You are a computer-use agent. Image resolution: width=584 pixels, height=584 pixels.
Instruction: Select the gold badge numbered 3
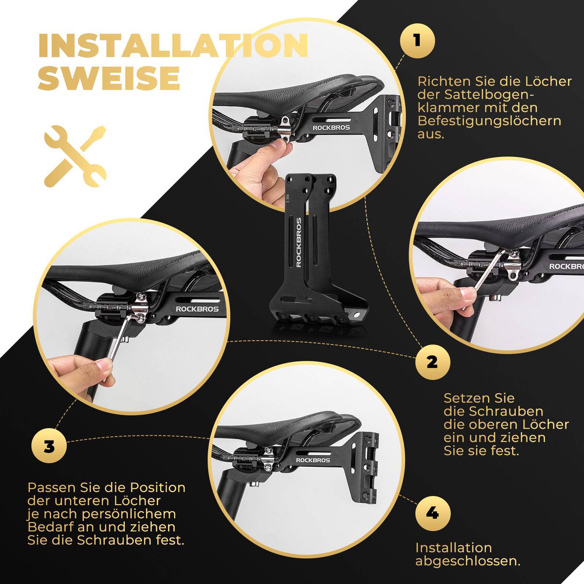point(49,447)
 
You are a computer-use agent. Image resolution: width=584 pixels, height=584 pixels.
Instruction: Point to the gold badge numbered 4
point(433,514)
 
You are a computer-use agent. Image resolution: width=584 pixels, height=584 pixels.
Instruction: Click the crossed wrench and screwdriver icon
point(75,156)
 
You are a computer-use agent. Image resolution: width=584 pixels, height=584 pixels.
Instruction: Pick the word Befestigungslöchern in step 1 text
point(489,121)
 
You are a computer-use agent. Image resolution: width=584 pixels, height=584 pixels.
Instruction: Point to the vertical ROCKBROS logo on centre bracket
point(299,242)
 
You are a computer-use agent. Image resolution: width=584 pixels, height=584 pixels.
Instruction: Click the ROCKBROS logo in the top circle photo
point(331,127)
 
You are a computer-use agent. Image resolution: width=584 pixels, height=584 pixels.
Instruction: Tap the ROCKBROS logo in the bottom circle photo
point(313,460)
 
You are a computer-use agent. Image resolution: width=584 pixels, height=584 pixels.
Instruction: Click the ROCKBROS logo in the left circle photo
point(197,309)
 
